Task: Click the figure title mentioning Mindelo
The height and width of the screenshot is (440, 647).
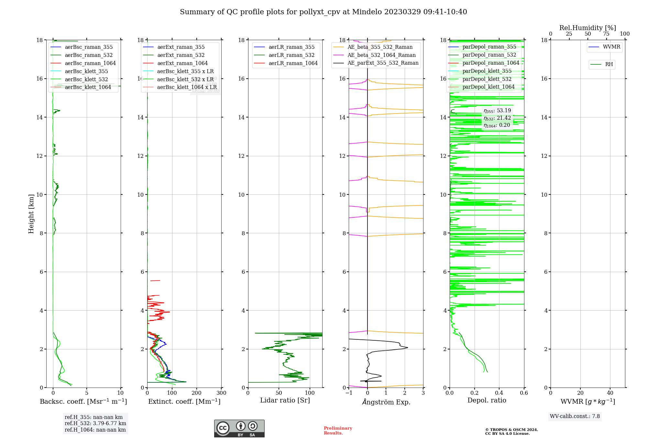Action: coord(323,12)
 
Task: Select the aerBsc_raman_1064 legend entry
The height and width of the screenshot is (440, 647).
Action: coord(90,63)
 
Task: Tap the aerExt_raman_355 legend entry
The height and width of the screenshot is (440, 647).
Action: coord(181,47)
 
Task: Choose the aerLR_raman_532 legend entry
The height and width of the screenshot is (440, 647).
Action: coord(291,55)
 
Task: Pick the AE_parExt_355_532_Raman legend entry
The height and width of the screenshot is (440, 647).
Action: coord(383,63)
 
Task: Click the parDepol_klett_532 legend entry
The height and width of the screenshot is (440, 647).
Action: coord(487,79)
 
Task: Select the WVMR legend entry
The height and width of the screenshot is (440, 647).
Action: coord(611,47)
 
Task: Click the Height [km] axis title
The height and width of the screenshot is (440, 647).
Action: coord(31,214)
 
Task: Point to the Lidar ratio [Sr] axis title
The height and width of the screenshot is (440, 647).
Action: coord(285,401)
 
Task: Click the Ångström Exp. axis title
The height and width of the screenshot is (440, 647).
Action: coord(386,402)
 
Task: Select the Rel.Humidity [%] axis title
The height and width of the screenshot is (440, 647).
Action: coord(587,28)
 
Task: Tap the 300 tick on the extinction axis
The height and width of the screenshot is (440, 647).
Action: coord(221,393)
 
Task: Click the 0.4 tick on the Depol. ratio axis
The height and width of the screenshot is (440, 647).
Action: coord(499,393)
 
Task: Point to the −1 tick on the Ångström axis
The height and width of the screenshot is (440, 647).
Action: coord(349,393)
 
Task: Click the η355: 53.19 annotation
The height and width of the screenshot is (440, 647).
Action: coord(497,111)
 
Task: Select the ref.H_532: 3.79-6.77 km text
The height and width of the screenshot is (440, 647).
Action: coord(95,423)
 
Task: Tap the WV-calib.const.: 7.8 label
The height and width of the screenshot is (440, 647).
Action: coord(575,416)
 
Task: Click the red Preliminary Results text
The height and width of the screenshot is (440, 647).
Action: coord(338,431)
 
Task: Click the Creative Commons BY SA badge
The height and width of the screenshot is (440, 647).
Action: coord(239,429)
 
